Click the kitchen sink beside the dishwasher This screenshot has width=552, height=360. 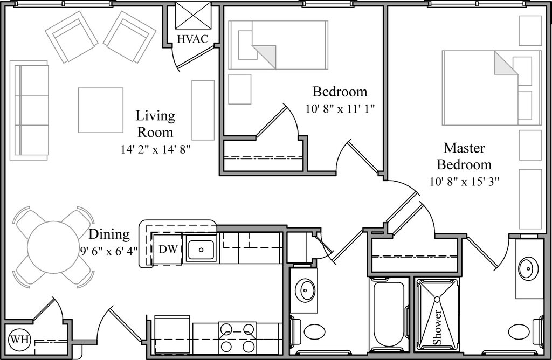point(201,249)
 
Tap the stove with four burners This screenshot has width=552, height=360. point(238,337)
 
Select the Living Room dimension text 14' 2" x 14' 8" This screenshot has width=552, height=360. point(156,149)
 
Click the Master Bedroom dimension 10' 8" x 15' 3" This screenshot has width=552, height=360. point(464,182)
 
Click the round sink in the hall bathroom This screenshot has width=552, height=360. point(306,290)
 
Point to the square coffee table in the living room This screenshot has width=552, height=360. point(100,110)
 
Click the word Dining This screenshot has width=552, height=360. point(109,235)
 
